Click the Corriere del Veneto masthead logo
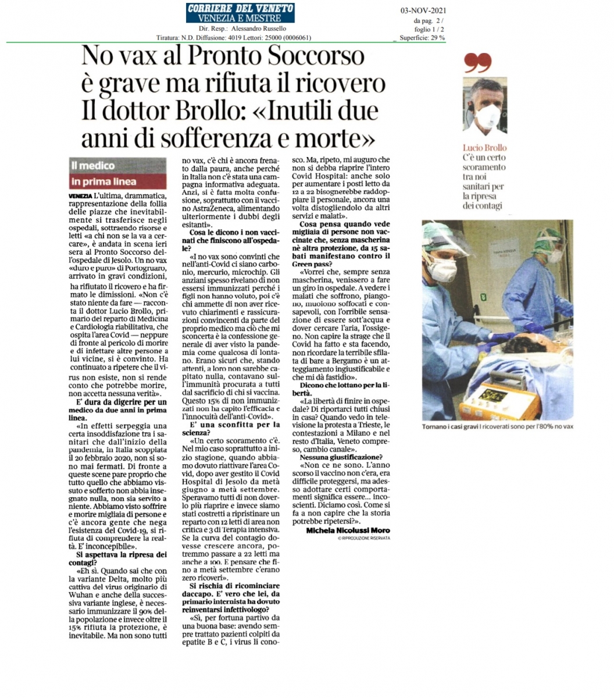[x=240, y=13]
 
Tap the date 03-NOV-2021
[x=423, y=10]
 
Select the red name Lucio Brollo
[x=484, y=148]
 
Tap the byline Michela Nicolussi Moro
[x=348, y=530]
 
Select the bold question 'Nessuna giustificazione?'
[x=341, y=458]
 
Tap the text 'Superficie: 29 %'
[x=422, y=38]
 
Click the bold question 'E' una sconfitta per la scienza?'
[x=231, y=429]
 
